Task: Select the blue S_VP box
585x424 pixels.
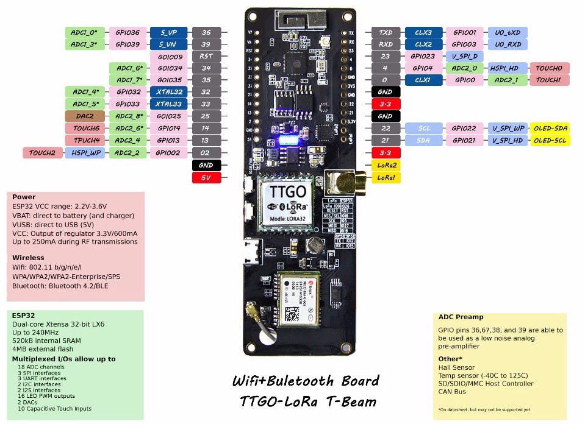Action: click(x=169, y=32)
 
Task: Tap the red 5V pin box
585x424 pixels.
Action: click(x=206, y=178)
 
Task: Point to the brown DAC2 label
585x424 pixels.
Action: click(x=85, y=116)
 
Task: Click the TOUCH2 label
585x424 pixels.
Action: click(x=42, y=153)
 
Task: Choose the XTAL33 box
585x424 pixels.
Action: click(x=169, y=104)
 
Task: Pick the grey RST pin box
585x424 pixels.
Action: click(x=206, y=56)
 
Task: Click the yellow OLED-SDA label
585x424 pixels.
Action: click(x=550, y=129)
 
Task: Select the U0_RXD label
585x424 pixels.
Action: click(x=508, y=44)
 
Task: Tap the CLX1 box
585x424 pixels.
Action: click(x=423, y=80)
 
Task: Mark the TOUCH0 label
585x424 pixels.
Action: click(x=550, y=68)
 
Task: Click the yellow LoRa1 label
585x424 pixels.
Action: click(x=386, y=178)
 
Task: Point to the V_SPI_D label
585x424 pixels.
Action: click(x=465, y=56)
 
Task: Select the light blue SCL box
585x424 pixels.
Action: click(x=423, y=129)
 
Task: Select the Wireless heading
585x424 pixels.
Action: click(x=28, y=258)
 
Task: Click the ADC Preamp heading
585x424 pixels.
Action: click(x=461, y=317)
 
